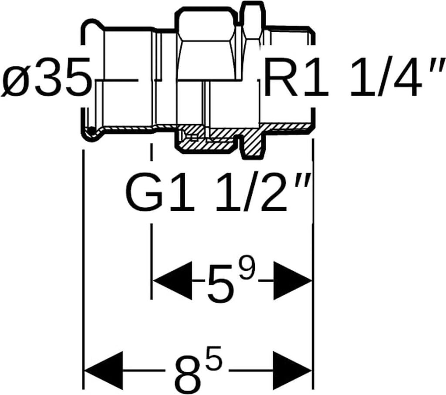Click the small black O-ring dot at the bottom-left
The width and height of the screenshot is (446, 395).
(x=91, y=130)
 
